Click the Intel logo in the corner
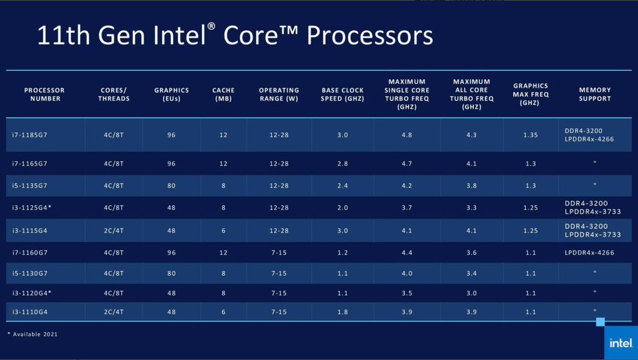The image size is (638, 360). pos(620,343)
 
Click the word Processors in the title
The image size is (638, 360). pos(370,36)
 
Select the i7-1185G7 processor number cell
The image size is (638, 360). pos(30,135)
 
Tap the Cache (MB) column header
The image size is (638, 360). pos(223,94)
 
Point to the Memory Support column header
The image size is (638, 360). pos(594,94)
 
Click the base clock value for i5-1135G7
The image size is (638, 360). pos(342,186)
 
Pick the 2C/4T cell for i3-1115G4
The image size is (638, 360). pos(114,230)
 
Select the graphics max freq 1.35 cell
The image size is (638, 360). pos(530,135)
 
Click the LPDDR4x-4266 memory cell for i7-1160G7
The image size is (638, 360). pos(589,253)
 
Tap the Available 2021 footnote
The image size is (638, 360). pos(32,334)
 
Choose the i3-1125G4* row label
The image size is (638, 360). pos(32,208)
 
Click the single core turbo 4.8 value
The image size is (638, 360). pos(407,135)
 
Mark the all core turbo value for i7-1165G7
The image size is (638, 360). pos(472,164)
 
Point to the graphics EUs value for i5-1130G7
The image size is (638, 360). pos(171,273)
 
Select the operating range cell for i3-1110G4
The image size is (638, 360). pos(279,312)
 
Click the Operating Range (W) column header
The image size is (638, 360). pos(279,94)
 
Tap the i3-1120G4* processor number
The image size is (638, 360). pos(32,293)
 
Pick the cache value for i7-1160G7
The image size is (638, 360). pos(223,253)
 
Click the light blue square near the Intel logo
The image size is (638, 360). pos(600,322)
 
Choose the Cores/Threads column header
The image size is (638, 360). pos(114,94)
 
